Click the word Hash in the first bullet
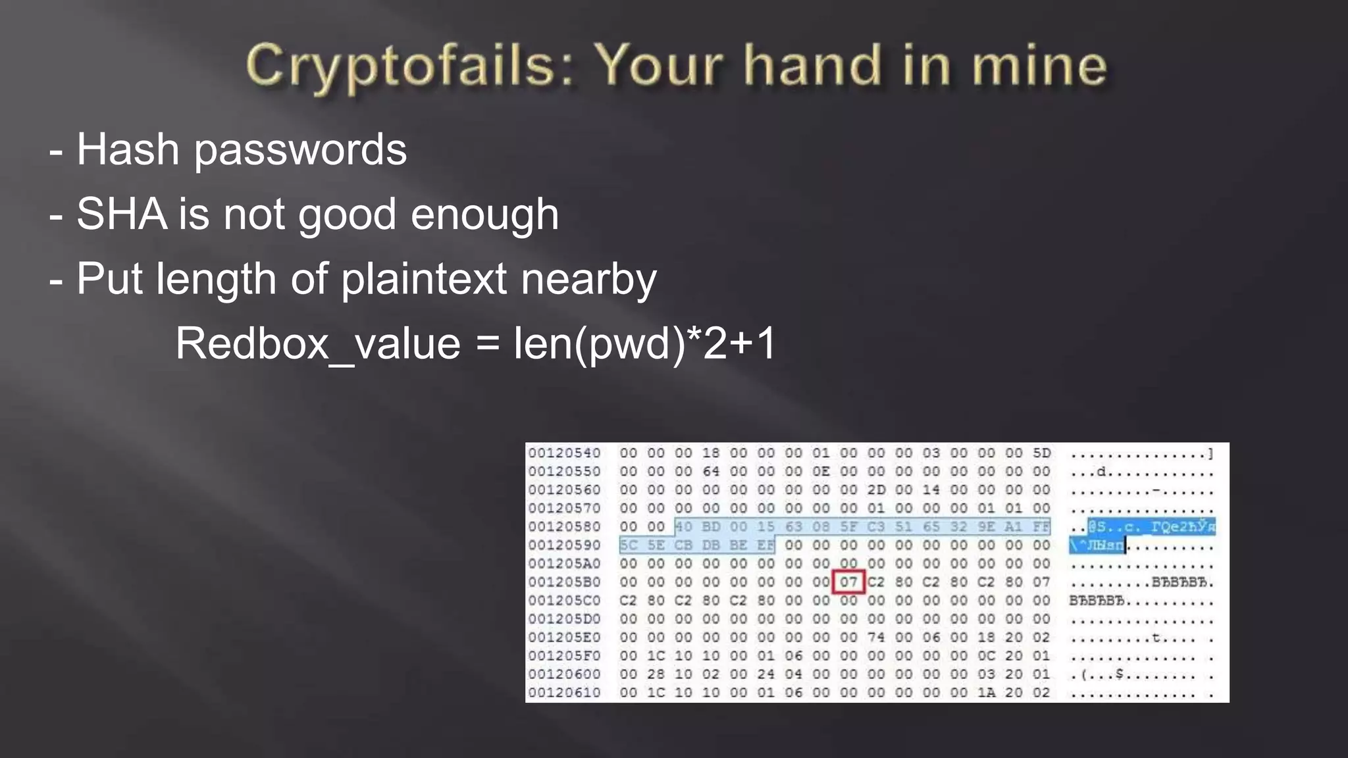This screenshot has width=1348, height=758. click(128, 149)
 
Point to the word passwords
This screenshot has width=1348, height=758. click(300, 151)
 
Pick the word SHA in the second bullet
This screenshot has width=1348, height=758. click(122, 214)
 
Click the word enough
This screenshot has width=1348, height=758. click(484, 215)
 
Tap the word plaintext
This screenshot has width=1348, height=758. click(424, 279)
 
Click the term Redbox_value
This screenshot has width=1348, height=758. click(318, 343)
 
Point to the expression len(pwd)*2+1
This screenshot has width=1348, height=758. click(644, 343)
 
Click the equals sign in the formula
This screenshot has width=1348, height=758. click(487, 344)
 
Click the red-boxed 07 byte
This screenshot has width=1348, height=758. click(848, 582)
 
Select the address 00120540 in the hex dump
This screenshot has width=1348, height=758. click(564, 453)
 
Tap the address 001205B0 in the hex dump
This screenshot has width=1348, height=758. click(564, 582)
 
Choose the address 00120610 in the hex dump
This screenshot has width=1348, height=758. click(564, 692)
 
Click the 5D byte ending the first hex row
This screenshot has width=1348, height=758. click(1041, 453)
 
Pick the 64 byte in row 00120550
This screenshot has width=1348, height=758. click(711, 471)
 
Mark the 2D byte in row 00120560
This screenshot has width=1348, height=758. click(875, 490)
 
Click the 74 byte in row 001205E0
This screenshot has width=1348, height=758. click(875, 637)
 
